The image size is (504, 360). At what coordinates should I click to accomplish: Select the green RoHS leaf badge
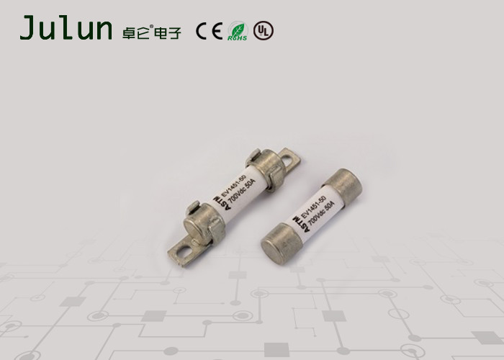tap(237, 31)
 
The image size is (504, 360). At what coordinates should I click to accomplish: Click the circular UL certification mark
tap(264, 30)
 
